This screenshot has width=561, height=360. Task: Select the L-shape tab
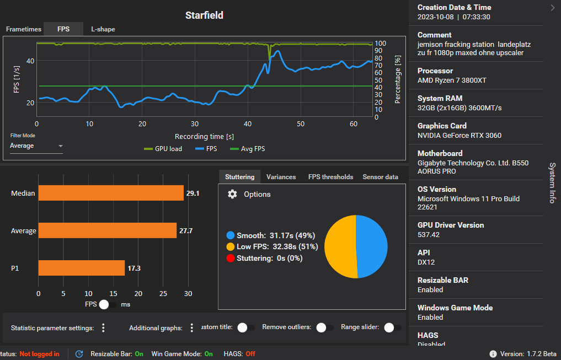[103, 29]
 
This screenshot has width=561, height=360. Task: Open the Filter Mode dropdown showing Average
[36, 146]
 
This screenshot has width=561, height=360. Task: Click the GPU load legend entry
[163, 149]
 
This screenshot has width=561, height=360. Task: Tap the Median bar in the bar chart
[110, 193]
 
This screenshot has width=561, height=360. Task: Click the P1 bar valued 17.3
[81, 268]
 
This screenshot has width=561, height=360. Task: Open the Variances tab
[281, 177]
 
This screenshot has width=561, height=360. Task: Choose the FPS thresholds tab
[330, 177]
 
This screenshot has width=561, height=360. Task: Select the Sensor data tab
[380, 177]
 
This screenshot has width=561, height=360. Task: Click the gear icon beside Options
[233, 194]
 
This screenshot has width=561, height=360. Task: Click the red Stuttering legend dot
[231, 258]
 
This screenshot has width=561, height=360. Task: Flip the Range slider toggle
[391, 327]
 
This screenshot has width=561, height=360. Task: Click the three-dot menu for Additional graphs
[192, 328]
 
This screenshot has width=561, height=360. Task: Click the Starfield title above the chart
[204, 15]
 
